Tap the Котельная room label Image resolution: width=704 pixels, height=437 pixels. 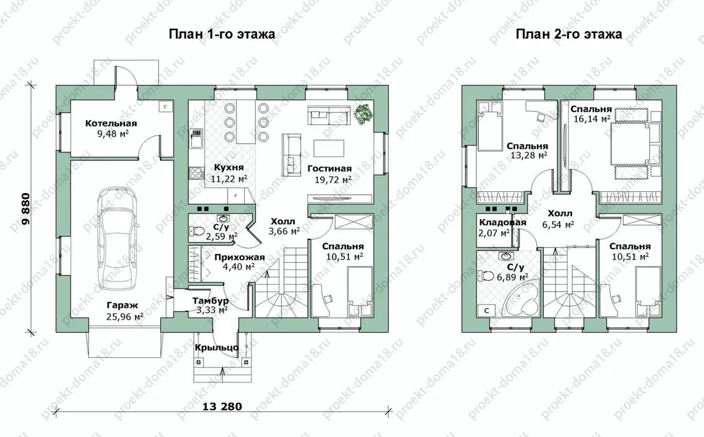point(111,123)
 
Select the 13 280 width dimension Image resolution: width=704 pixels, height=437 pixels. point(222,406)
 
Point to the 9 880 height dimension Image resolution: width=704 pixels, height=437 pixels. point(26,209)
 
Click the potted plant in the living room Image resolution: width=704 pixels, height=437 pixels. point(364,114)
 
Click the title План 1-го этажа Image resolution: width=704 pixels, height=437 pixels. point(222,34)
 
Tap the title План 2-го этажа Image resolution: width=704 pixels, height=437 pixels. point(569,34)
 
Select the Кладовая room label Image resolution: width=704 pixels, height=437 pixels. point(503,222)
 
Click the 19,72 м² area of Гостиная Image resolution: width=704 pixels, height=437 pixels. point(333,179)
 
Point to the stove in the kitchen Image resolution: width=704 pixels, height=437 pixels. point(197,173)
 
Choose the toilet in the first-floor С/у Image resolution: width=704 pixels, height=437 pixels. point(197,232)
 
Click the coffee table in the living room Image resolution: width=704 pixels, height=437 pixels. point(329,148)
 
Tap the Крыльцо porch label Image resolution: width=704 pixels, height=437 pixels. point(216,348)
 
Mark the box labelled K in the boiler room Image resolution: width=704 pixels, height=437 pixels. point(165,107)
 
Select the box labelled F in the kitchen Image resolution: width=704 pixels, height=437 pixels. point(236,196)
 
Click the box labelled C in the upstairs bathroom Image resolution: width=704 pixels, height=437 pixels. point(486,311)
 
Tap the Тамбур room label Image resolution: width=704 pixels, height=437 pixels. point(211,301)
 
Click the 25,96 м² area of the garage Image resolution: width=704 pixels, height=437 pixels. point(125,316)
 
